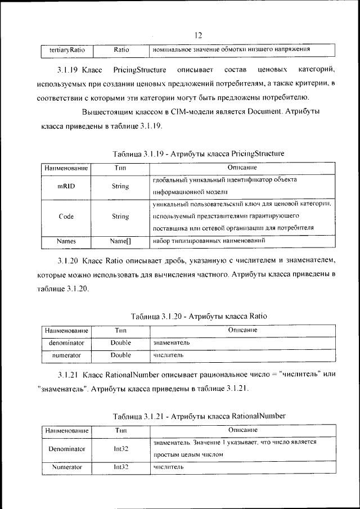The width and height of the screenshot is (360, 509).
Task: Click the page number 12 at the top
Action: (198, 35)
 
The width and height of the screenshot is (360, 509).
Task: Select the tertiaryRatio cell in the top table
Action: (67, 50)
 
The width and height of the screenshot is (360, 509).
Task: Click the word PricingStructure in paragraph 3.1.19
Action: (139, 70)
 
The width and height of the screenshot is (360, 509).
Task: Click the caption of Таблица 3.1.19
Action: (199, 153)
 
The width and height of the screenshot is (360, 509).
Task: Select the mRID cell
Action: (66, 186)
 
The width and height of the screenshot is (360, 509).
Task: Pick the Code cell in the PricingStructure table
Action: (66, 216)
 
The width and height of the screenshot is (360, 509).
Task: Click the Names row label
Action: (66, 241)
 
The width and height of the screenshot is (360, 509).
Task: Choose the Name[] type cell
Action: (120, 241)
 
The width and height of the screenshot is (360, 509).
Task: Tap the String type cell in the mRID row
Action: (120, 186)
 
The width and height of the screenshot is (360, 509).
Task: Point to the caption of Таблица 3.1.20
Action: (199, 316)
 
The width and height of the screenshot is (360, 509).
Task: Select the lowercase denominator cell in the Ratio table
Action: (66, 342)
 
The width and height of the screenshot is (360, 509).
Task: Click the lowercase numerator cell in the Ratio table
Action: (66, 355)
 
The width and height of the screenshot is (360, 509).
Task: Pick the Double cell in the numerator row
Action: (120, 355)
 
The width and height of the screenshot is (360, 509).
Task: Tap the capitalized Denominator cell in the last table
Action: (66, 449)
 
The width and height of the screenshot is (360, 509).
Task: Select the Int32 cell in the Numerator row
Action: (120, 467)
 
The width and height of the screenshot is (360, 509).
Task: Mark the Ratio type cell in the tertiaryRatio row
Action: (121, 50)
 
